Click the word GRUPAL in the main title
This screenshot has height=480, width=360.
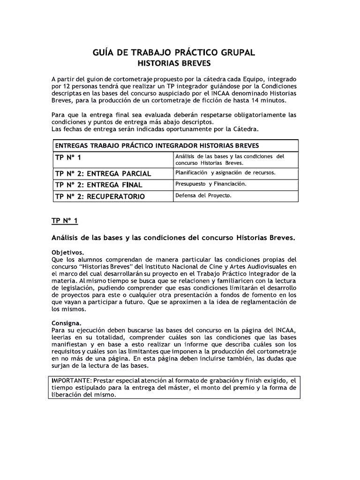click(x=234, y=52)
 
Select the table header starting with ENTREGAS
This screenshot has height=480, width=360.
click(x=157, y=145)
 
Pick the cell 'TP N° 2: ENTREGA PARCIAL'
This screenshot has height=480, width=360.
click(x=103, y=173)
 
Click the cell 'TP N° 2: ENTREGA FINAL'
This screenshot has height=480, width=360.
click(x=98, y=185)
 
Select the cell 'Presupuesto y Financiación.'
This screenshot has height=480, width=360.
click(x=210, y=184)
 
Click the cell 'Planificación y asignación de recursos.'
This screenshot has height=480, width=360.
click(x=225, y=172)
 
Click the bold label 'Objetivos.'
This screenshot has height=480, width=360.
click(x=67, y=252)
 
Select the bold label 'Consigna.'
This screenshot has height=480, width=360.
click(x=66, y=323)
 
